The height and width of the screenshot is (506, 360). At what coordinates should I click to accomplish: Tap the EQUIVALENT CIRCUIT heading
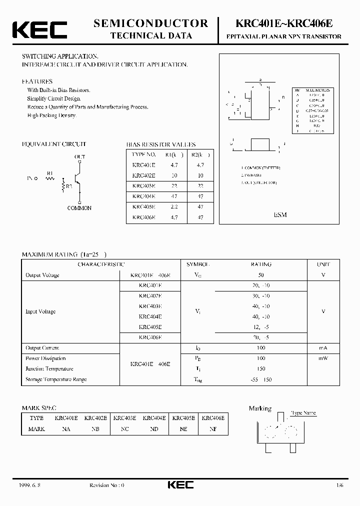54,144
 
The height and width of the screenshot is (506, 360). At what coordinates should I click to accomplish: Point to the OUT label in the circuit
79,157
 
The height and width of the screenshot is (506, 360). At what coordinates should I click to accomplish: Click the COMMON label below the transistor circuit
79,208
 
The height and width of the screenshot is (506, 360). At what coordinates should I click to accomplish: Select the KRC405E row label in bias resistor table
143,207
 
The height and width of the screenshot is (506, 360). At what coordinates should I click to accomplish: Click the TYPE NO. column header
143,154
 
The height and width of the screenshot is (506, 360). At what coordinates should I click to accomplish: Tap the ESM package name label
280,214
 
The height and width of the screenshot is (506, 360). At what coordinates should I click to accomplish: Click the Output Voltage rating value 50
260,275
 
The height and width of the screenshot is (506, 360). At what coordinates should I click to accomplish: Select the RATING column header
260,264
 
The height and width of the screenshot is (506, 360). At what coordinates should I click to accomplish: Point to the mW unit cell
323,358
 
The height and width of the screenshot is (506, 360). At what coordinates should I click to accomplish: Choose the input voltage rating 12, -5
260,327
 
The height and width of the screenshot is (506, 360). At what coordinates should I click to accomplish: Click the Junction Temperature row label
49,369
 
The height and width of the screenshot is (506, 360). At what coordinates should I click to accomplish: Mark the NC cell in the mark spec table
124,429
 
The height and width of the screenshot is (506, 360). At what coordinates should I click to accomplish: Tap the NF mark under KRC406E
212,429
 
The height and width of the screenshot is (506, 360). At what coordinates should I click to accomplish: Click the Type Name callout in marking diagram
303,413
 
